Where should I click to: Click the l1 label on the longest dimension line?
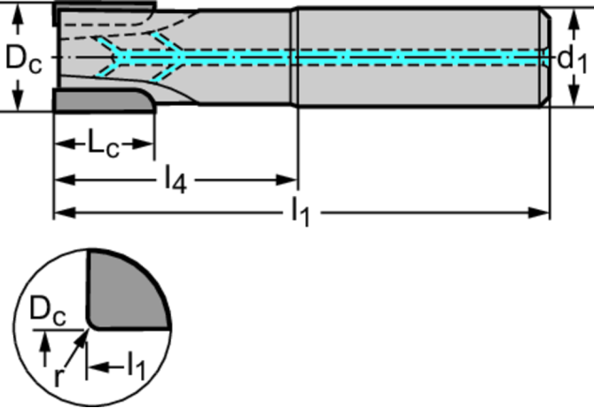[x=301, y=214]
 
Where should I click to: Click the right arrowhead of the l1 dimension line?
[x=543, y=213]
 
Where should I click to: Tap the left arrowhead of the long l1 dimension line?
[x=62, y=213]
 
